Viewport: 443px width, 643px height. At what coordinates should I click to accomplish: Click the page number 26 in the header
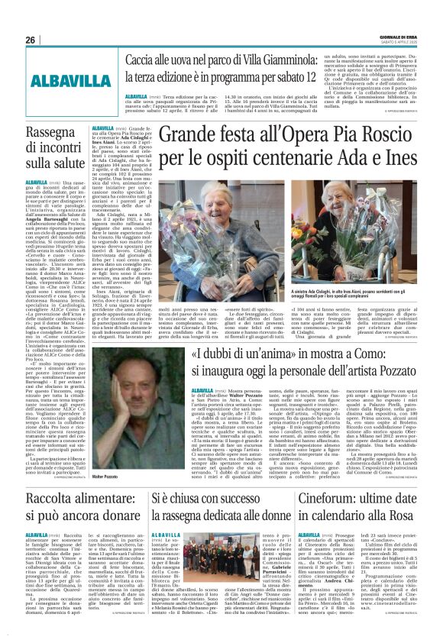(x=31, y=40)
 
